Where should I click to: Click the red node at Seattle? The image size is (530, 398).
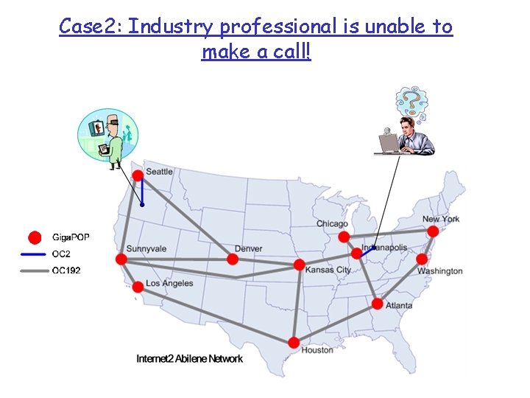coord(138,175)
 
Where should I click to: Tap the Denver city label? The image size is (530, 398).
coord(248,248)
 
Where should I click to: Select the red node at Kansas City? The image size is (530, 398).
coord(299,265)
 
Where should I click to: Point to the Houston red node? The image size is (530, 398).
coord(294,342)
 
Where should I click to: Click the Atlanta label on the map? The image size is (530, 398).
coord(398,305)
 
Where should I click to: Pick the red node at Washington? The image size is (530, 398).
coord(422,259)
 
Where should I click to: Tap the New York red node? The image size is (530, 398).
coord(433,231)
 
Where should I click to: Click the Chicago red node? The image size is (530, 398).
coord(344,237)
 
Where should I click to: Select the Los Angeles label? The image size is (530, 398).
coord(169,283)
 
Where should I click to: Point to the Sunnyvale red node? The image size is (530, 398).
coord(121,259)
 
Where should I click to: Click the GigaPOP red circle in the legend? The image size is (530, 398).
coord(33,237)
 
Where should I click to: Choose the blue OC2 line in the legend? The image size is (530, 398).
coord(35,254)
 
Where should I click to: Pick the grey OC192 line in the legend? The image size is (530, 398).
coord(35,270)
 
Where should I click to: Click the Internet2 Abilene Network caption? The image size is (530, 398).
coord(189,359)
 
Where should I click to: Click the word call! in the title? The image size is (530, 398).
coord(289,52)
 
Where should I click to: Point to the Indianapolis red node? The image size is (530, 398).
coord(357,254)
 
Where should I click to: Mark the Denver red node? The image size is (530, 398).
coord(232,259)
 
